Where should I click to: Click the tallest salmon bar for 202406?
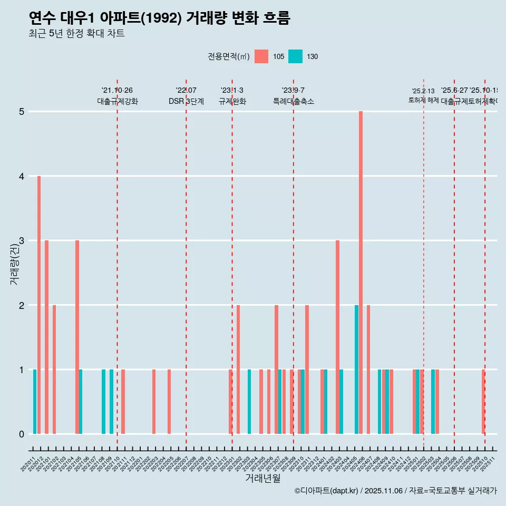361,273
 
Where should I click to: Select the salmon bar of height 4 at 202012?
39,305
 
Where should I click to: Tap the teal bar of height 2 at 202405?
356,369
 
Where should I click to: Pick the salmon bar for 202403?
337,337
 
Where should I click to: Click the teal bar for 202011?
35,402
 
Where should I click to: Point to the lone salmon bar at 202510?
483,402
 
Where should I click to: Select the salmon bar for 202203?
154,402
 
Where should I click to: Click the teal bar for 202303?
249,402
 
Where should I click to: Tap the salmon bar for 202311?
307,369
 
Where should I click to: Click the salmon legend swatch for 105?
261,56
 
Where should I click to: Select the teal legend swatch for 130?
296,56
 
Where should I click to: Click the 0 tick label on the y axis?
22,434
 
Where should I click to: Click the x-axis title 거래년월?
262,478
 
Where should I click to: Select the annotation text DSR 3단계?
186,101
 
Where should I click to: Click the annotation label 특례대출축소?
293,101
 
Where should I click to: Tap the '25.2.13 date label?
423,91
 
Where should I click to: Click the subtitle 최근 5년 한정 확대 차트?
76,34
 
